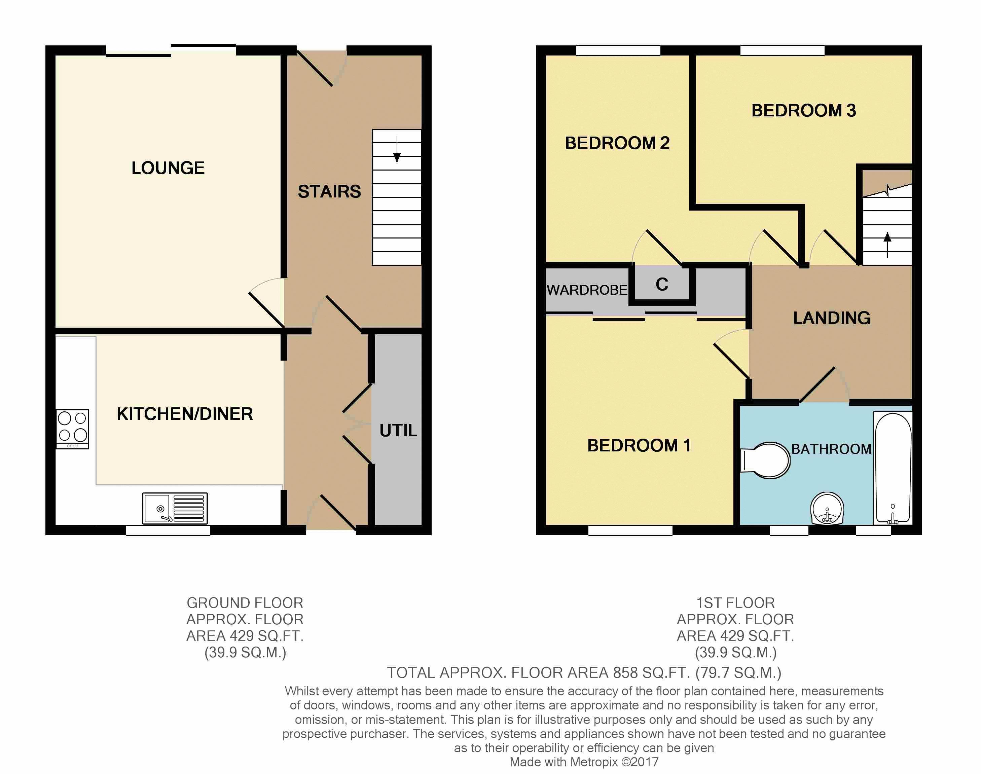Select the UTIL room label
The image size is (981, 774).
(398, 431)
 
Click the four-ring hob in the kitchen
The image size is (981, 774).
(73, 429)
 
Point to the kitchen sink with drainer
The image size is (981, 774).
(175, 508)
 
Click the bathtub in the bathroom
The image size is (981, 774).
(893, 467)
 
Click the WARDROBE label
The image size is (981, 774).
(587, 290)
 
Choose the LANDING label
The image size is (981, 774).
(832, 318)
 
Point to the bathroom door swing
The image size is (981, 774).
(823, 385)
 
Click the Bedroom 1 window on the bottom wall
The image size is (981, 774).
(630, 530)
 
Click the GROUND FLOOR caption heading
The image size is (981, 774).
(245, 603)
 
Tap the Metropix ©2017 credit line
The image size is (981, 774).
(584, 762)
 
